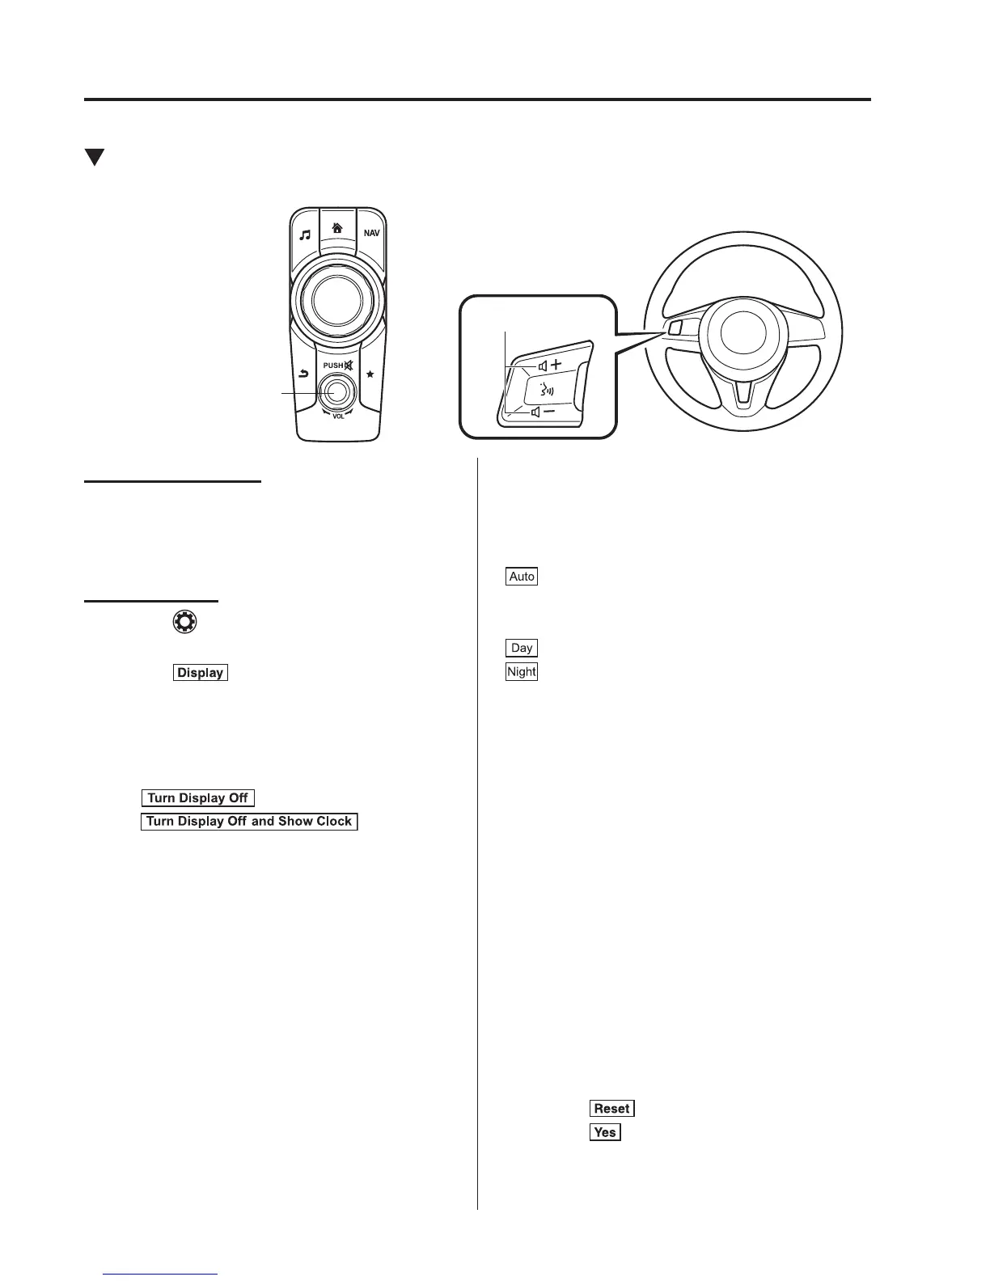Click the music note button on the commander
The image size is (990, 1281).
(x=305, y=235)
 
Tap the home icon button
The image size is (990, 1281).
(x=337, y=229)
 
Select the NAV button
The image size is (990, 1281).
(x=370, y=234)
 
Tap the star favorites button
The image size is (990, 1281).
(x=370, y=374)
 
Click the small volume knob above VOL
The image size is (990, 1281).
(x=337, y=391)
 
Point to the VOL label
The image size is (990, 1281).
(x=338, y=416)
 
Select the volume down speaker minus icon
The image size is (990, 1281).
(x=543, y=412)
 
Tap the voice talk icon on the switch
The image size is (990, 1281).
(x=548, y=389)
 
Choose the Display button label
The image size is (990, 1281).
(x=201, y=673)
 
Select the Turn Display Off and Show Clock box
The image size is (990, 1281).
(x=249, y=822)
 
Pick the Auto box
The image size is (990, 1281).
(x=522, y=577)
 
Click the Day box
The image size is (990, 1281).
(x=522, y=648)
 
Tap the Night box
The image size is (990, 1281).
(x=522, y=671)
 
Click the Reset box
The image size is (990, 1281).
(x=611, y=1109)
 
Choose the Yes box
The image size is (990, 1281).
(x=605, y=1132)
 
